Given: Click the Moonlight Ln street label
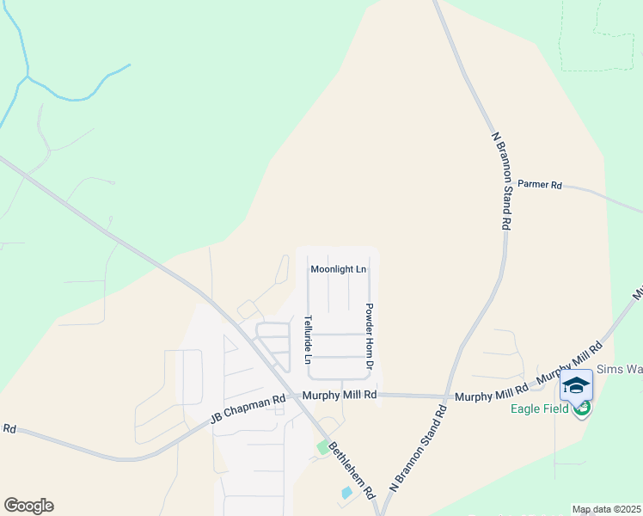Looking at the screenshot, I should click(338, 269).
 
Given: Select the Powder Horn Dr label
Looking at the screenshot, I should click(369, 336).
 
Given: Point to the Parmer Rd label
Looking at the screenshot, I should click(539, 185).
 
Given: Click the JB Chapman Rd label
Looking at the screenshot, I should click(248, 410).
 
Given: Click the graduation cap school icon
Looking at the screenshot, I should click(576, 385).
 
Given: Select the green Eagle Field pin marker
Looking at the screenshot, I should click(583, 408).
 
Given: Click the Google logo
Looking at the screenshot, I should click(28, 505).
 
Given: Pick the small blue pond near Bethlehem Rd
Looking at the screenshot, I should click(346, 493).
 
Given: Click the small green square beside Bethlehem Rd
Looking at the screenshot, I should click(323, 447).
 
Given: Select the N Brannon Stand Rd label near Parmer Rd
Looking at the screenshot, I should click(502, 180).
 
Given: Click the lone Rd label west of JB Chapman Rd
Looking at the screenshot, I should click(9, 427).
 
